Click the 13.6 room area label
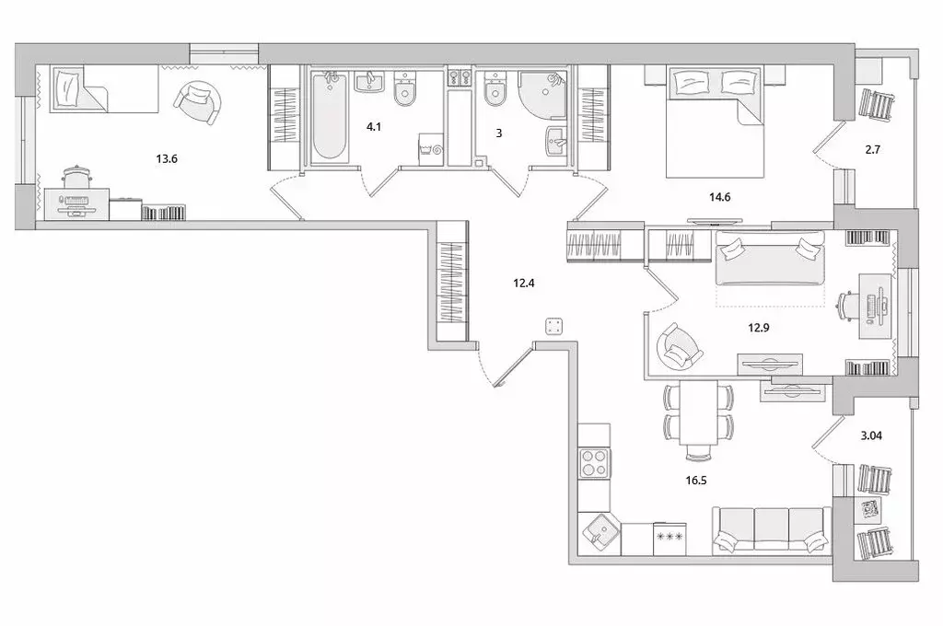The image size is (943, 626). coord(167,159)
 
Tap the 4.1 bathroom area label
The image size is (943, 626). coord(374,127)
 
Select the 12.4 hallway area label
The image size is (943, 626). coord(524,283)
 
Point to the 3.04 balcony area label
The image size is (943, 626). coord(871,435)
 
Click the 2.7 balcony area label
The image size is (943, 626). coord(873,150)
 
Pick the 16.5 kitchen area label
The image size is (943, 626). coord(696,481)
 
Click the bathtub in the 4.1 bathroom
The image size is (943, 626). coord(330,116)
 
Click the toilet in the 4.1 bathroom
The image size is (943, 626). coord(404,87)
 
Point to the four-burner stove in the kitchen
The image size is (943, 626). coord(594,463)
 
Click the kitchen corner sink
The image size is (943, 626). coord(600,534)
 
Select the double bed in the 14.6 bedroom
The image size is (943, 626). coord(715,122)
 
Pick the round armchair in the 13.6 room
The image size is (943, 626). coord(198,102)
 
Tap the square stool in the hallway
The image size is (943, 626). coord(553,327)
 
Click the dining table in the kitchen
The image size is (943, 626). coord(699,412)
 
